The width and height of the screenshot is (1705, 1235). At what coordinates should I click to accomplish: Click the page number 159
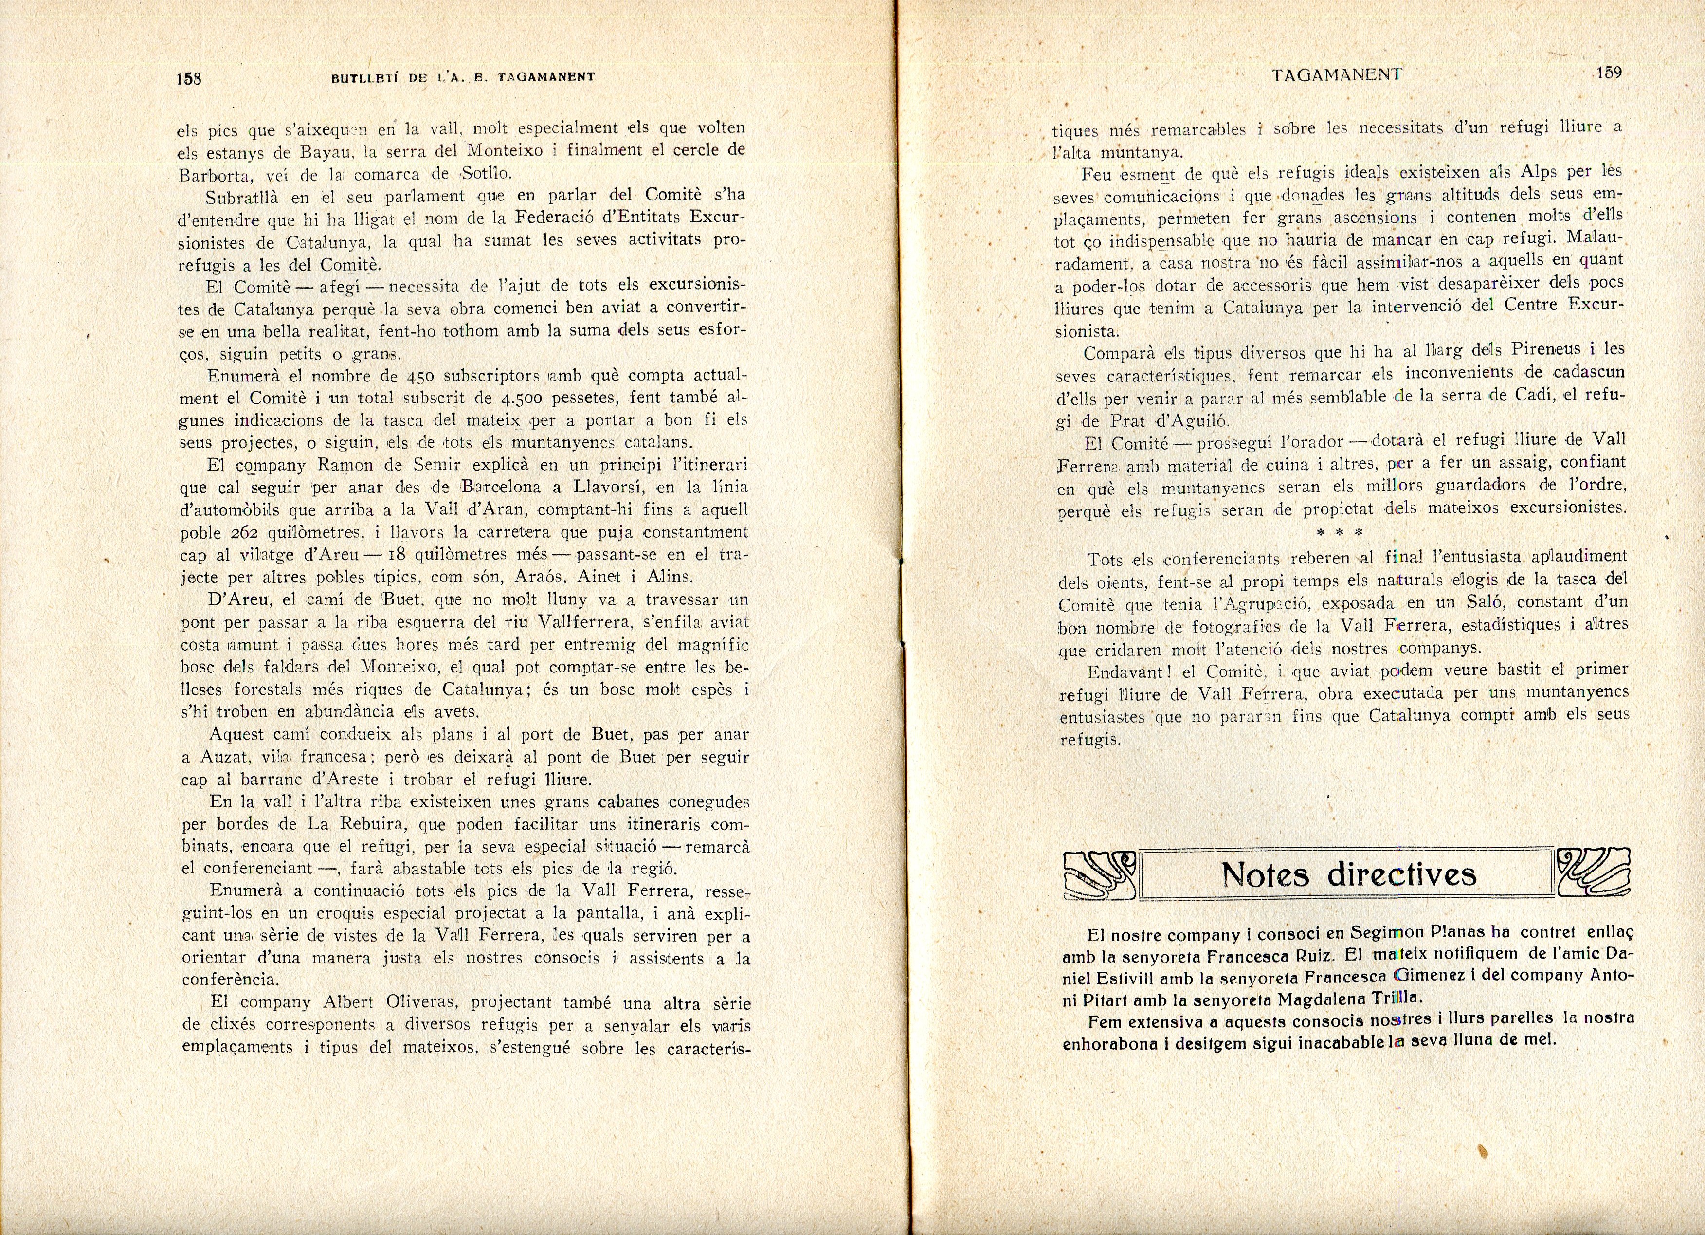(x=1608, y=73)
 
